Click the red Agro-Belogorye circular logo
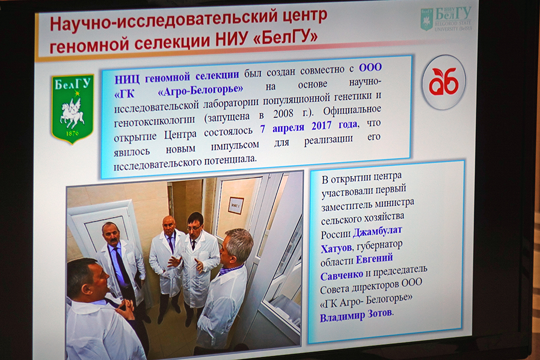tap(444, 83)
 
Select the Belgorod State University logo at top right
tap(447, 19)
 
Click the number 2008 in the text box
tap(283, 114)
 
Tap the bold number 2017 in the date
tap(321, 126)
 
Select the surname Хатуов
tap(336, 248)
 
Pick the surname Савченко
tap(342, 275)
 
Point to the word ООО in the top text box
tap(370, 67)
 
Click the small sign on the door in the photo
tap(236, 206)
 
